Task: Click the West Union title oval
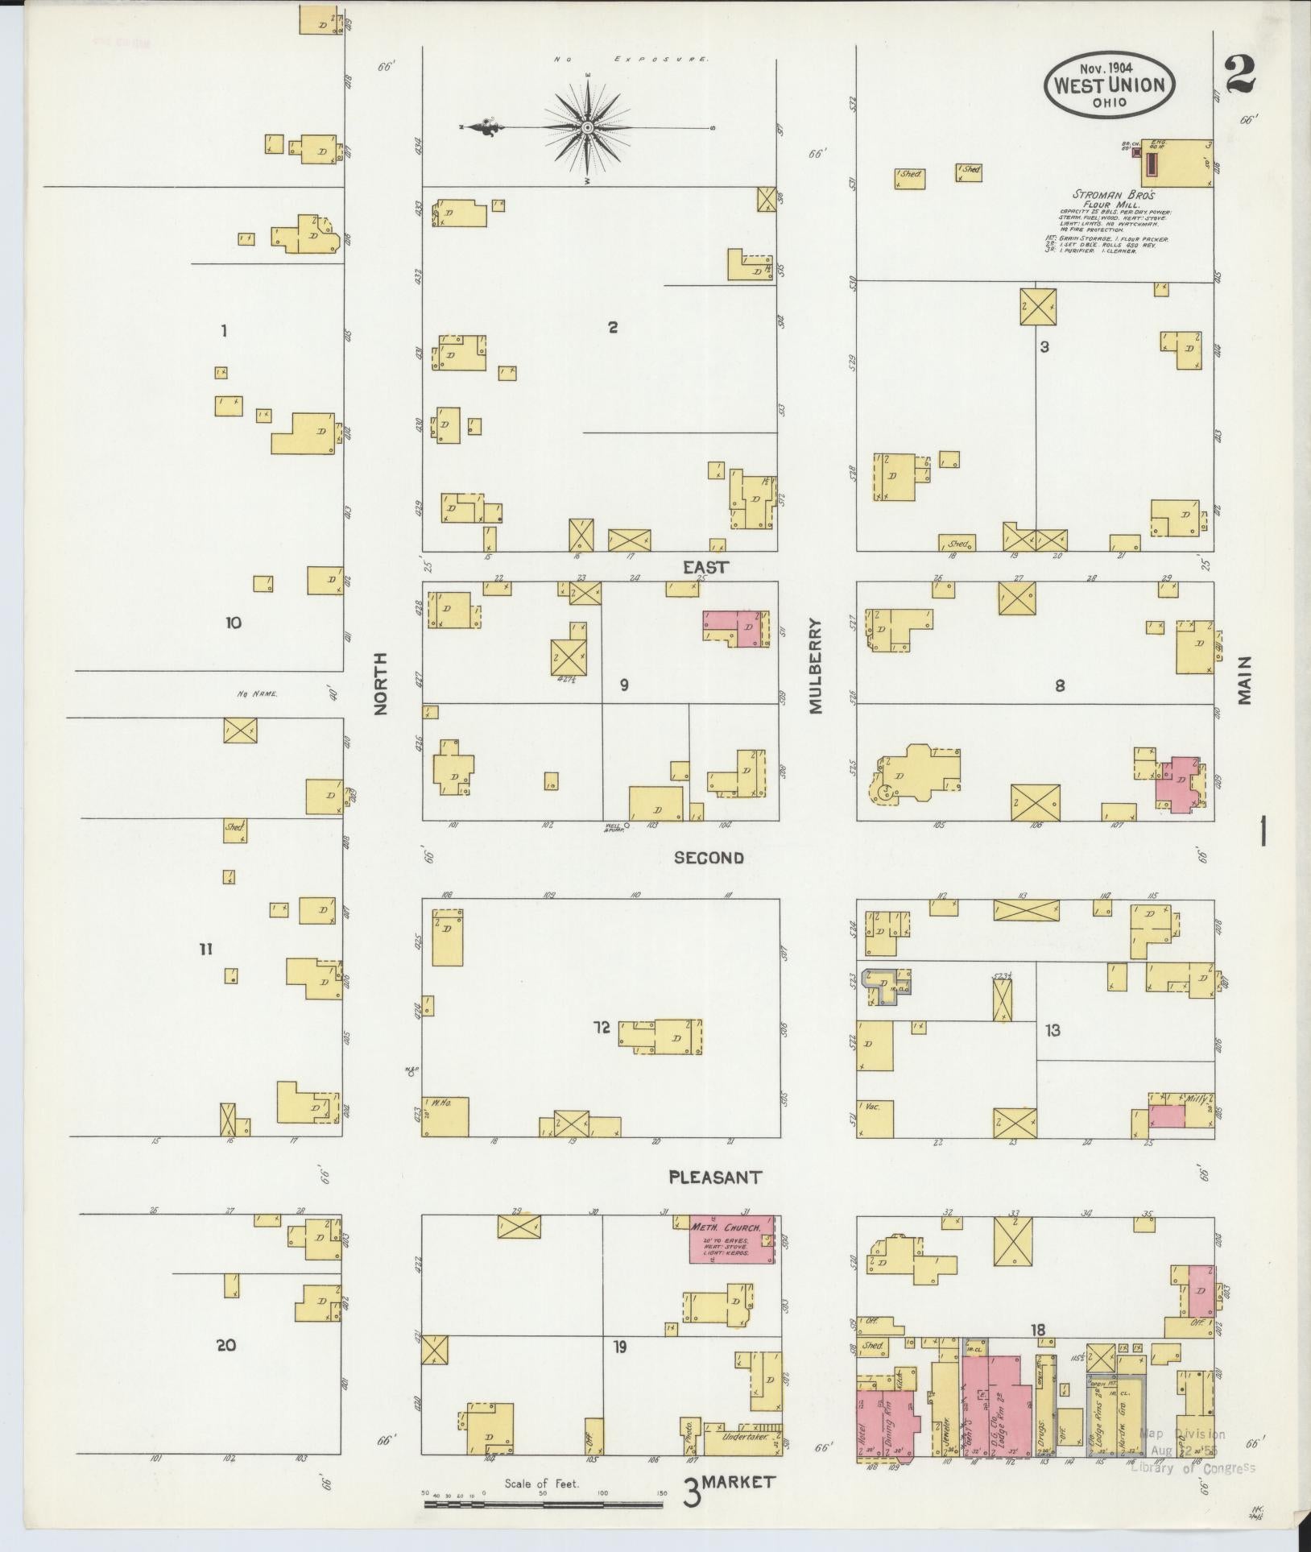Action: click(x=1109, y=85)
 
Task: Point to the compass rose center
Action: click(x=588, y=127)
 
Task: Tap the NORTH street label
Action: click(x=380, y=683)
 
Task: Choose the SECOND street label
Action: click(x=709, y=858)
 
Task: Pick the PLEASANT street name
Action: click(x=715, y=1177)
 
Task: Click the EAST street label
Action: click(x=706, y=567)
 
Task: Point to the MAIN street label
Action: click(x=1245, y=681)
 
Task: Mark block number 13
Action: click(x=1053, y=1029)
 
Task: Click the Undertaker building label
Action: click(x=741, y=1435)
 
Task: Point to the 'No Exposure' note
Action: click(x=631, y=60)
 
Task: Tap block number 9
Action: click(x=624, y=685)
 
